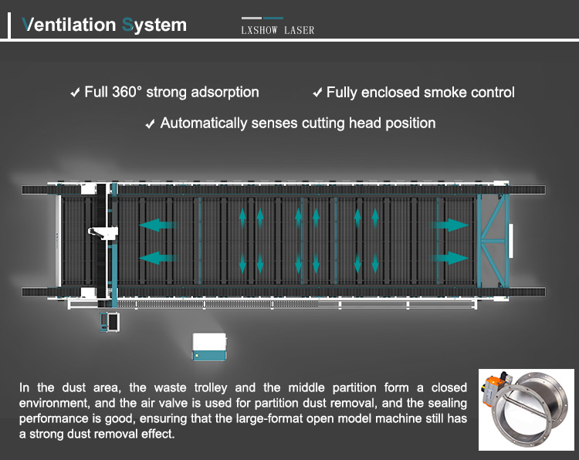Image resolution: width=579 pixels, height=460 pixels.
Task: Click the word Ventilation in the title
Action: [x=69, y=25]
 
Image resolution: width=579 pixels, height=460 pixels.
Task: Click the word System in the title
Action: [x=154, y=25]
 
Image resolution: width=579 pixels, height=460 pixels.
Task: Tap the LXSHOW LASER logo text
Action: [x=278, y=30]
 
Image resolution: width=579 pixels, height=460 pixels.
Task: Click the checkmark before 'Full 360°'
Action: [x=76, y=93]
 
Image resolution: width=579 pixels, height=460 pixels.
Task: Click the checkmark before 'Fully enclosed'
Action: [x=317, y=93]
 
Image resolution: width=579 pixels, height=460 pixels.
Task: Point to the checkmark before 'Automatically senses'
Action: [x=150, y=123]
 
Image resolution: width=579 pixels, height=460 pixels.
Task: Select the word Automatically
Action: [x=204, y=123]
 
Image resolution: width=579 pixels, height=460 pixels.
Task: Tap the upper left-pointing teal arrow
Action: [x=157, y=225]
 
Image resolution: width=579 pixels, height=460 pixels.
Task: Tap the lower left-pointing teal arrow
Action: [x=157, y=258]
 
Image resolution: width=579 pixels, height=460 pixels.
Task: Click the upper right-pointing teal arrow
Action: [x=449, y=225]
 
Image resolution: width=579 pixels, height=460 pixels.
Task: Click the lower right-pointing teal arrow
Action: [x=449, y=258]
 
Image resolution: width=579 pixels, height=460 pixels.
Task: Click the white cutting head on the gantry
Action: [x=103, y=233]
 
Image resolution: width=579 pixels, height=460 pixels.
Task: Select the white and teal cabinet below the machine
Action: [x=209, y=347]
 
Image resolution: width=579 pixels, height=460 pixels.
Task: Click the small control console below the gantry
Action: [x=110, y=322]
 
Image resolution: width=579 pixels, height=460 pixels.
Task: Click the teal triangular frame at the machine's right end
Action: [x=494, y=240]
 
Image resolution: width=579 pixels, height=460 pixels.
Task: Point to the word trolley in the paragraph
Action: [x=211, y=388]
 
